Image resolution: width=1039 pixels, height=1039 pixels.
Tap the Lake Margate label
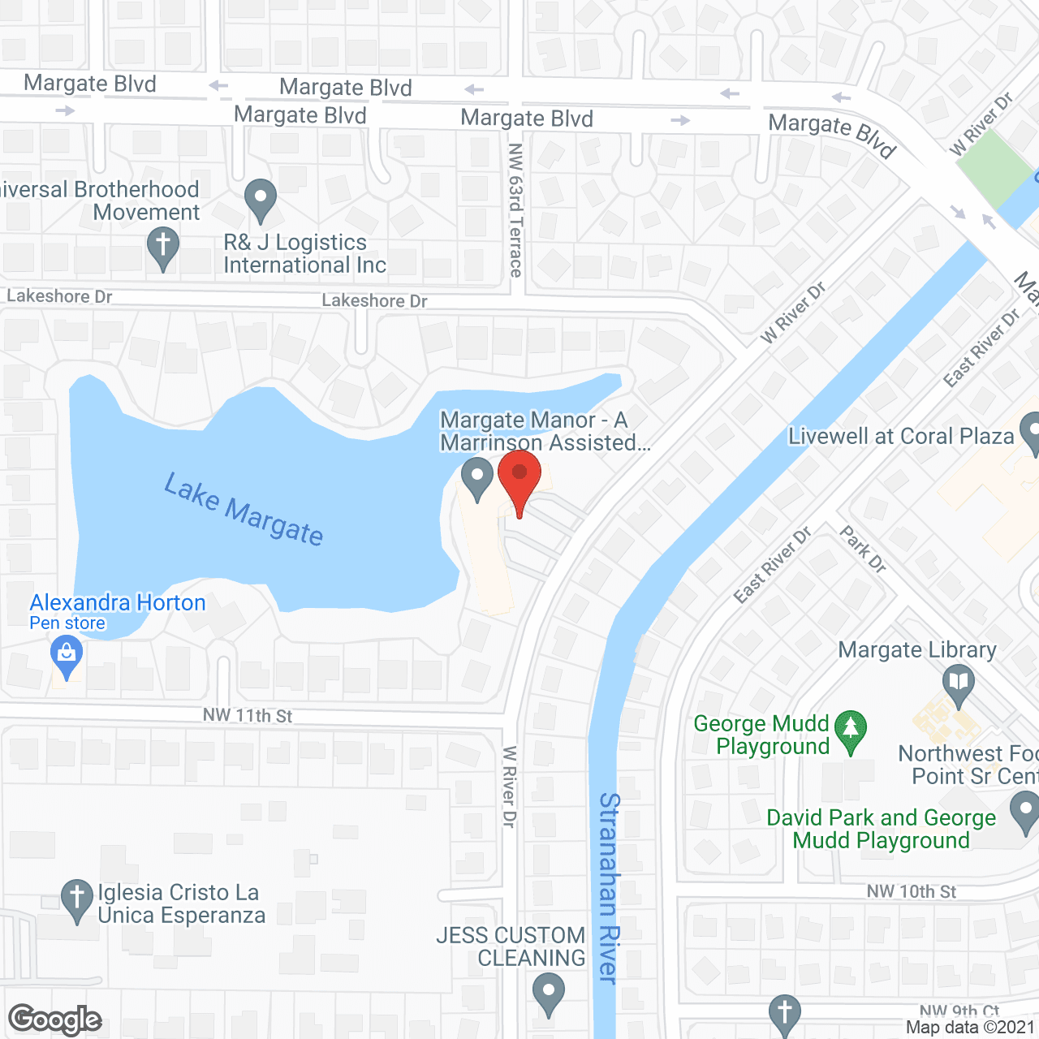[x=244, y=510]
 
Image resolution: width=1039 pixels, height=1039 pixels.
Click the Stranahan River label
[x=609, y=888]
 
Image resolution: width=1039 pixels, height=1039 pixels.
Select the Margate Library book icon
[x=959, y=684]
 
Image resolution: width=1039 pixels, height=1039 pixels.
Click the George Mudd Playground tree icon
[x=850, y=730]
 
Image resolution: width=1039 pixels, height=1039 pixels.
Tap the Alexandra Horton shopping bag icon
[x=67, y=656]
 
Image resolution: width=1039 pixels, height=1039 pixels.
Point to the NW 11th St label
[x=248, y=715]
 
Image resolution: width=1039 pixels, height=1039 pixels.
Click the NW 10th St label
[x=911, y=891]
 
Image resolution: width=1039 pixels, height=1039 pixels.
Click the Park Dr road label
[x=863, y=549]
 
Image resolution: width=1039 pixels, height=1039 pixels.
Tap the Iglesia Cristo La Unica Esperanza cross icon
[x=77, y=900]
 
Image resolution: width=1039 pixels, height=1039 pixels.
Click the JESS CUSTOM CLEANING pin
[x=549, y=993]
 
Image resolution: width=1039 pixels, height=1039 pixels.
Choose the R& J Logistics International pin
[x=261, y=199]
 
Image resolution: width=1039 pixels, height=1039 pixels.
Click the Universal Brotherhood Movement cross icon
[x=163, y=246]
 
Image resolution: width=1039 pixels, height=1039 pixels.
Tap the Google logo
[x=55, y=1020]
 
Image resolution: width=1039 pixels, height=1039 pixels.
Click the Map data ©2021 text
[x=970, y=1028]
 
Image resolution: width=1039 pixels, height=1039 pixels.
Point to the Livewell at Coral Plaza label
[x=901, y=437]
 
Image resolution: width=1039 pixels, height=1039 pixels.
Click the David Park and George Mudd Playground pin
[x=1025, y=811]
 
